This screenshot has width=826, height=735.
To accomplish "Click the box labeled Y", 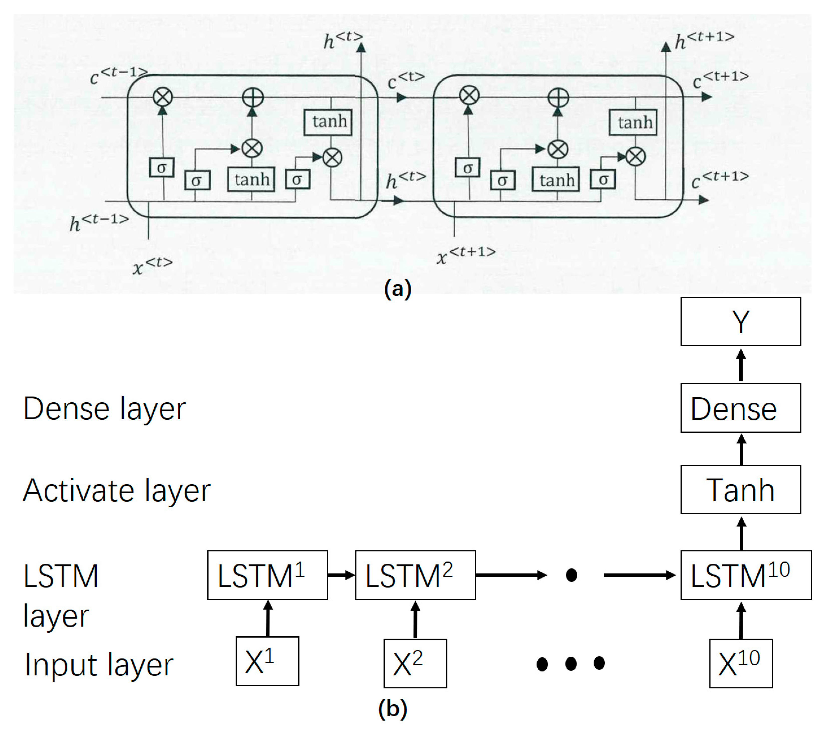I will tap(740, 322).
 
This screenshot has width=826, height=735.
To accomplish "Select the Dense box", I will tap(740, 408).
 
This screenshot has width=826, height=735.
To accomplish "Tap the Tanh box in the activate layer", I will tap(740, 490).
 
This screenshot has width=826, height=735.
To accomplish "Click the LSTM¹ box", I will tap(267, 575).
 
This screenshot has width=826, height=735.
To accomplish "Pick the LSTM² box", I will tap(416, 575).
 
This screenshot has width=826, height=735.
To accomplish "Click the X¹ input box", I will tap(267, 661).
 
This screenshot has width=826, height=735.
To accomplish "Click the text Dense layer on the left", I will tap(104, 409).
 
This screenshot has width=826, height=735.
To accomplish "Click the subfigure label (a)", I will tap(398, 289).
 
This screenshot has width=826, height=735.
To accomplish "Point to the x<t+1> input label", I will tap(466, 255).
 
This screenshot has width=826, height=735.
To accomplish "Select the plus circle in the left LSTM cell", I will tap(252, 97).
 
